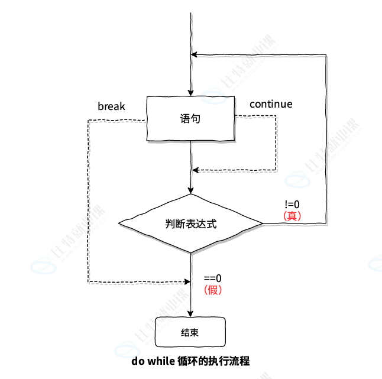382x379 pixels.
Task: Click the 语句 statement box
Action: (x=190, y=119)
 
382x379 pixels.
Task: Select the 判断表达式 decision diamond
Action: (x=190, y=223)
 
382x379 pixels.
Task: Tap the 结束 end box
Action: (x=190, y=332)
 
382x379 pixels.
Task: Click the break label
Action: (x=111, y=106)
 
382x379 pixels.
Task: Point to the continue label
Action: (x=271, y=104)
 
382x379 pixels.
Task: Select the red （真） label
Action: (x=292, y=216)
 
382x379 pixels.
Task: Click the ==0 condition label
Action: (x=212, y=278)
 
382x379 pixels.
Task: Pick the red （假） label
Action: (x=212, y=290)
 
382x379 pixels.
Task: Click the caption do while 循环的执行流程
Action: (x=190, y=361)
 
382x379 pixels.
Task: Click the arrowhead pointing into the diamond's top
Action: (x=190, y=190)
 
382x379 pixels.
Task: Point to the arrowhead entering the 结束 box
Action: (x=190, y=313)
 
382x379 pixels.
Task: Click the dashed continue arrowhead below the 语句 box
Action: (x=196, y=170)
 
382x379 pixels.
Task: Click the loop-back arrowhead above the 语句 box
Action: (x=196, y=54)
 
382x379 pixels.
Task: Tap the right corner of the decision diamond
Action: (x=262, y=223)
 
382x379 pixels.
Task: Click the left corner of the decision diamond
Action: (x=119, y=223)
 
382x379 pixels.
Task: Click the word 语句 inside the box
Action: (x=190, y=119)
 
